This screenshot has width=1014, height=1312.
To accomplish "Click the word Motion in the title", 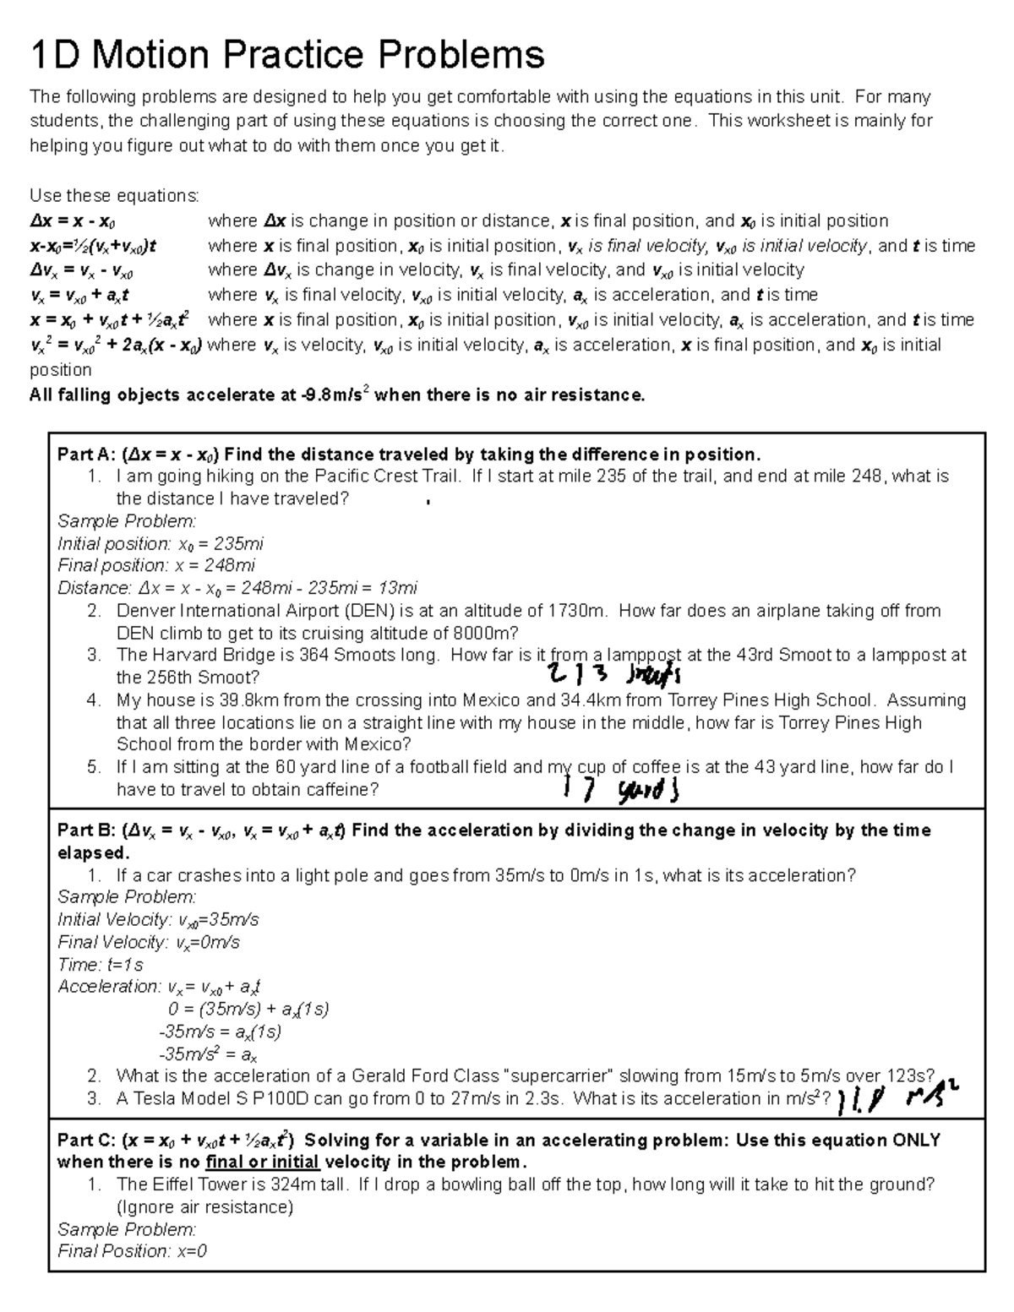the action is coord(150,55).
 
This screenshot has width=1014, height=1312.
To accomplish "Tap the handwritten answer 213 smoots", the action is coord(613,674).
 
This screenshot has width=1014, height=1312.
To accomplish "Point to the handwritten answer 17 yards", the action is coord(621,790).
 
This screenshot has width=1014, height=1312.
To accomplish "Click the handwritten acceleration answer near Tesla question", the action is coord(900,1097).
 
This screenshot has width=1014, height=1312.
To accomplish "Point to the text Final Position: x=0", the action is coord(132,1251).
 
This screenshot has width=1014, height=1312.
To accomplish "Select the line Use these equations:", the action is coord(114,196).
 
